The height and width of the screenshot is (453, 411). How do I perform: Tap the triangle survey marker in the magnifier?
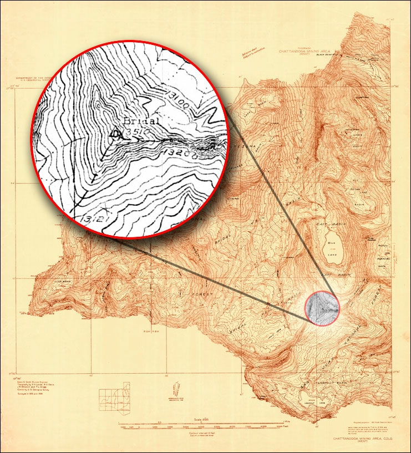pyautogui.click(x=116, y=134)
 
